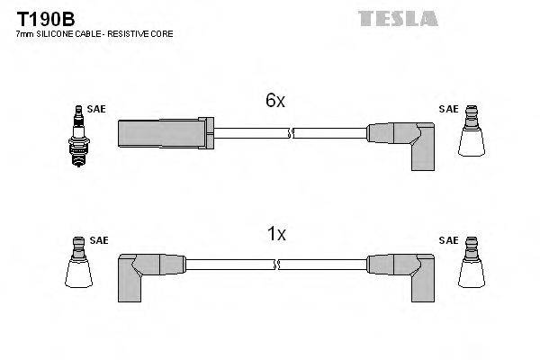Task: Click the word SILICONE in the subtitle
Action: [55, 33]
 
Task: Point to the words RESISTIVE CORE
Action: [145, 33]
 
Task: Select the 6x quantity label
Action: [274, 102]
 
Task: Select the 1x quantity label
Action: [276, 234]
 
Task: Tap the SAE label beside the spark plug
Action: [96, 109]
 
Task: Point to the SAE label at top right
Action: [447, 109]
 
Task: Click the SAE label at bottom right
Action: [447, 240]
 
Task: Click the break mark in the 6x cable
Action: [288, 133]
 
